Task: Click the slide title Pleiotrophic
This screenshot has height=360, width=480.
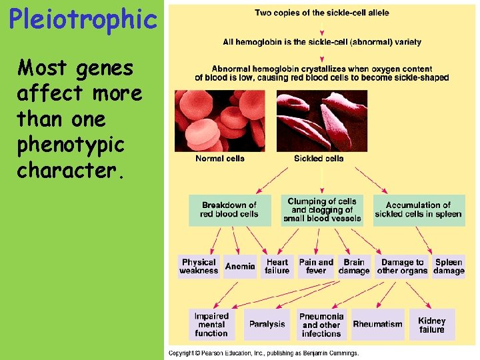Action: (83, 19)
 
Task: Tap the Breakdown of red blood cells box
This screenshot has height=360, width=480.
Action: (229, 209)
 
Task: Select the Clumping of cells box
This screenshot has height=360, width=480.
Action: (322, 209)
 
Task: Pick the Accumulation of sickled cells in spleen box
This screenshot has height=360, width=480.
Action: (418, 209)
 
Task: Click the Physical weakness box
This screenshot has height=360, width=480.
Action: (199, 267)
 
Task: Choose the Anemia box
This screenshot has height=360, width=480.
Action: (240, 267)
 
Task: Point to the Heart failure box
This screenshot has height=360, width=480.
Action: (277, 267)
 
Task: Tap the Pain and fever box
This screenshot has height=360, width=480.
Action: (316, 267)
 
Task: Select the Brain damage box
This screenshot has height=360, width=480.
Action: (354, 267)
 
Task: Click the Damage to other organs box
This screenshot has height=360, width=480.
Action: (402, 267)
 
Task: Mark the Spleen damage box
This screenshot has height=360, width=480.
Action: (449, 267)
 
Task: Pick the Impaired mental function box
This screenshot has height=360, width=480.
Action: (211, 325)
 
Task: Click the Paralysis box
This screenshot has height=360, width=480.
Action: (267, 325)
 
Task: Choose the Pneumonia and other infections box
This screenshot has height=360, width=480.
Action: (322, 325)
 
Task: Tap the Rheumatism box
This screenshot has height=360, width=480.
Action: (377, 325)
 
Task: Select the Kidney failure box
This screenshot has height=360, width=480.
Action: (431, 325)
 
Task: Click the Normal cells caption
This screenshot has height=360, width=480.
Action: (220, 159)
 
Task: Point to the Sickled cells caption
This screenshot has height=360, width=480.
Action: (319, 159)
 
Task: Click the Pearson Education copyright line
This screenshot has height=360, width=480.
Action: (263, 353)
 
